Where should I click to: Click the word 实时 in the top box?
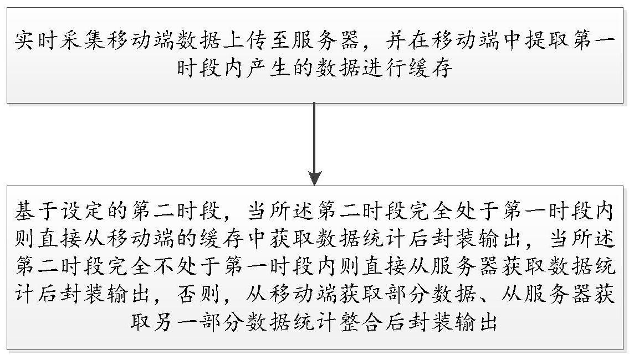pyautogui.click(x=33, y=42)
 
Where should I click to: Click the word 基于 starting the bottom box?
pyautogui.click(x=34, y=212)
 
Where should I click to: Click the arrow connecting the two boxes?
pyautogui.click(x=315, y=144)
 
